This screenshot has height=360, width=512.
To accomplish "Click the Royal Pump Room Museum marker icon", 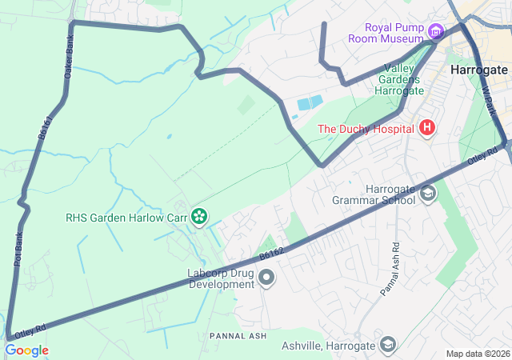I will [435, 32].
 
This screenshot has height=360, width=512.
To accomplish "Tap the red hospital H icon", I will [427, 127].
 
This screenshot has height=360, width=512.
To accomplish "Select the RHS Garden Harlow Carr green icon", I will [198, 216].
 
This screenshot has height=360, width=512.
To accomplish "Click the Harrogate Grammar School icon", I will [428, 193].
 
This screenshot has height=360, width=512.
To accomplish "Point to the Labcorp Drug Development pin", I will [266, 278].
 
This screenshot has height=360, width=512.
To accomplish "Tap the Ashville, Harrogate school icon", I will [388, 345].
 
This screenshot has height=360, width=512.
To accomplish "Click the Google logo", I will [26, 350].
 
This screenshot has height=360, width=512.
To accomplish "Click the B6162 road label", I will [271, 254].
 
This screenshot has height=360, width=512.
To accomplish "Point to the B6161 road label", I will [46, 128].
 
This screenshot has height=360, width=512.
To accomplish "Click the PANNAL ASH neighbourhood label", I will [238, 335].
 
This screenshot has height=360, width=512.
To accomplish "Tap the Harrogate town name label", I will [478, 70].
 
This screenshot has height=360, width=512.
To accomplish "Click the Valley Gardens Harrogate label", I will [392, 79].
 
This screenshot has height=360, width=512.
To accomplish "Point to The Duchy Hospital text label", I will [366, 128].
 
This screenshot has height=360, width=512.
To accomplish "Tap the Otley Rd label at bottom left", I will [30, 328].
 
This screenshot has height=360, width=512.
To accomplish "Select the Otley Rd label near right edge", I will [483, 158].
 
